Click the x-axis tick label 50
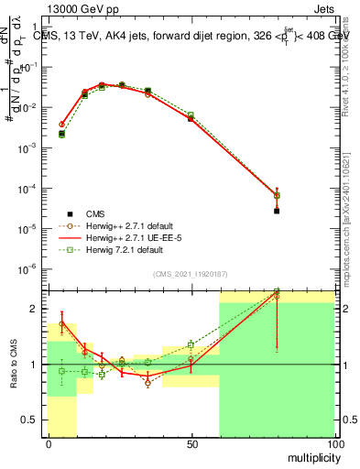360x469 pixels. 191,444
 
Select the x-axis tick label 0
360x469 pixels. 48,444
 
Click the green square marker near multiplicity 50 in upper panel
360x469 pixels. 191,115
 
